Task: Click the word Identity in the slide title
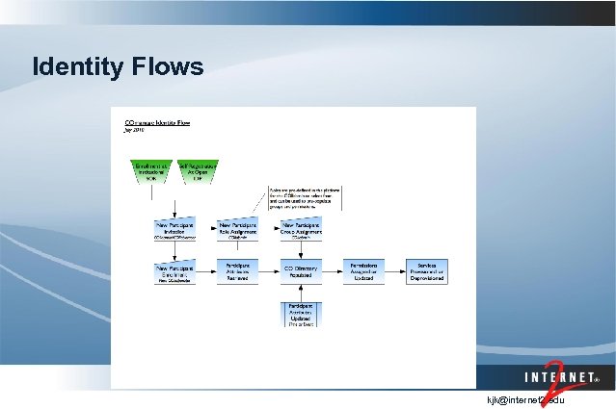pos(75,67)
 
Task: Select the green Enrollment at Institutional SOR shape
pos(150,171)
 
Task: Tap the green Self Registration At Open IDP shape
pos(197,171)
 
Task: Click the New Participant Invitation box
pos(174,229)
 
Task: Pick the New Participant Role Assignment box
pos(237,229)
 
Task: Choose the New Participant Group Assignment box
pos(301,228)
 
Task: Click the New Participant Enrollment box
pos(174,272)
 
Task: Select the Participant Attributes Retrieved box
pos(237,271)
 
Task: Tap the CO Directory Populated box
pos(301,271)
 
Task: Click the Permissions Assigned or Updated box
pos(363,271)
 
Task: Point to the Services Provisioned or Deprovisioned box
pos(427,271)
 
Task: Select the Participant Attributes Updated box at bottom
pos(301,315)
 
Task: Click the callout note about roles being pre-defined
pos(306,196)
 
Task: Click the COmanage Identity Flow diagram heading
pos(158,123)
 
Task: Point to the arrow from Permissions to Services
pos(395,271)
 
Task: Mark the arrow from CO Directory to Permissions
pos(333,271)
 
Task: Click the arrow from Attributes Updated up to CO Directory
pos(301,293)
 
